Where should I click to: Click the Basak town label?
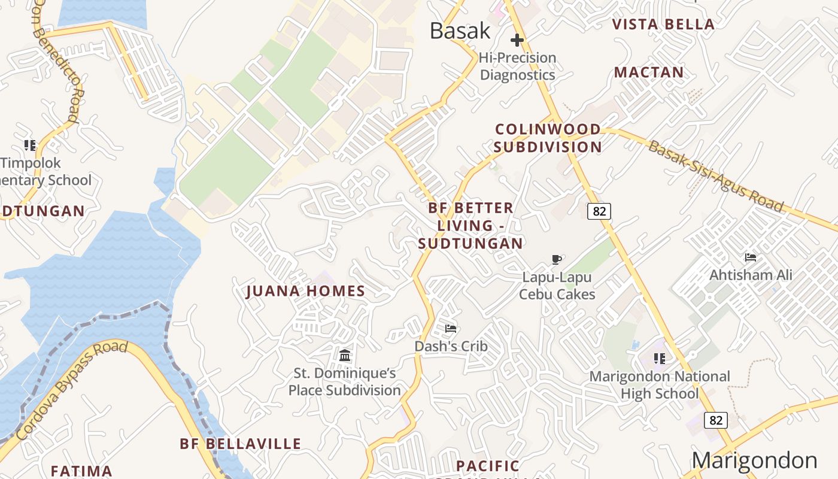[460, 31]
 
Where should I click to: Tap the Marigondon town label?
[754, 460]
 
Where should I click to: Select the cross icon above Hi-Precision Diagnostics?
[517, 40]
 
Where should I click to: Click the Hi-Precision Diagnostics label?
[518, 66]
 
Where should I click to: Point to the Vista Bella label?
[664, 25]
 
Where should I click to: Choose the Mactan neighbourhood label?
[649, 72]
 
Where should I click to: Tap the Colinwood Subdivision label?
[548, 138]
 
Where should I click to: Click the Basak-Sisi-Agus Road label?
[716, 176]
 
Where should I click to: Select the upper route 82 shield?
[599, 211]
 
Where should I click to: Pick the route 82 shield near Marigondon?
[716, 420]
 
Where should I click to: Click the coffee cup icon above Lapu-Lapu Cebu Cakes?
[557, 259]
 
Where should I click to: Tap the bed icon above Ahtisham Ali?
[751, 257]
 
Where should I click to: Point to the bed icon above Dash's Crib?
[451, 328]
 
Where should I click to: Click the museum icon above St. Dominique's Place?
[345, 356]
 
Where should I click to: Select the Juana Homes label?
[305, 292]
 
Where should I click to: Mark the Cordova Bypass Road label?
[72, 389]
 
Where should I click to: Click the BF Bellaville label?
[241, 444]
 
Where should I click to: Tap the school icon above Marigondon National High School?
[660, 359]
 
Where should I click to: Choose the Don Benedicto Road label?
[57, 60]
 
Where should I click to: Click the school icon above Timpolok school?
[30, 145]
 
